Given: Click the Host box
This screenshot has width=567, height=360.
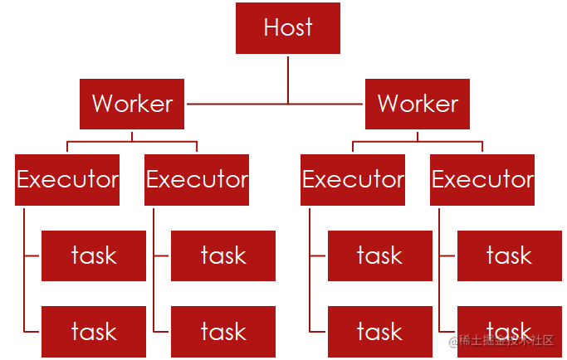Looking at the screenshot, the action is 288,28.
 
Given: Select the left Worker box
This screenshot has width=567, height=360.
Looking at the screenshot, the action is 132,104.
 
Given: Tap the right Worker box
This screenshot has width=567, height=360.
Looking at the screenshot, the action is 418,104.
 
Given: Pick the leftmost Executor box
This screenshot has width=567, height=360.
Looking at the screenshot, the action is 67,180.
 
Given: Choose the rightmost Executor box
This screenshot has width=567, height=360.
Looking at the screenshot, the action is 482,180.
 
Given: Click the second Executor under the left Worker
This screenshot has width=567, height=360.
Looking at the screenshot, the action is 197,180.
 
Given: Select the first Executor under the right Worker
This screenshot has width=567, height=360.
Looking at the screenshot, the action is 353,180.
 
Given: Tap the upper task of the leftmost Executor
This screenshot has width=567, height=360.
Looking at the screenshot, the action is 94,256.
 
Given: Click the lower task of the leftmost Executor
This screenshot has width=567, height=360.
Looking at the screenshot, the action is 94,332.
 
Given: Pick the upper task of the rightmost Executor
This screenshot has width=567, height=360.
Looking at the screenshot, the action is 510,256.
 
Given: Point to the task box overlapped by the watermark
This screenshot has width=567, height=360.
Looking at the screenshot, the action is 510,332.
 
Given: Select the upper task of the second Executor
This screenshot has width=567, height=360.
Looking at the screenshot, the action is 223,256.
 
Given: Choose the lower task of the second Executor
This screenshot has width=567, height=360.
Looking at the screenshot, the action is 223,332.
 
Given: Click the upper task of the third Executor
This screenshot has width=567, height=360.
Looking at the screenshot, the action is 380,256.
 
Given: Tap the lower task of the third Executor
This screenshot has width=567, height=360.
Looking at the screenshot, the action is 380,332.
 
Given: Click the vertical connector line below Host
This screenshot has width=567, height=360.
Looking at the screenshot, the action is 288,80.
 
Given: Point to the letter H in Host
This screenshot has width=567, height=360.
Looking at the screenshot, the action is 270,27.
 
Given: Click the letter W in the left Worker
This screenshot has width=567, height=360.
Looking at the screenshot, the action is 104,103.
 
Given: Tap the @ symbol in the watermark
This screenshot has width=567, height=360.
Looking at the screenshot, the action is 453,341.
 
